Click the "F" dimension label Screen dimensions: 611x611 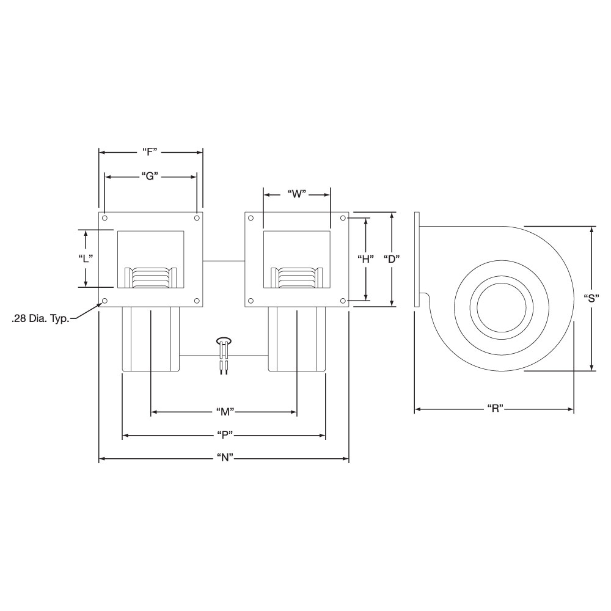(x=150, y=152)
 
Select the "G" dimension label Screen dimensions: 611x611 (x=150, y=176)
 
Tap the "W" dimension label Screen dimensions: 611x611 (x=296, y=194)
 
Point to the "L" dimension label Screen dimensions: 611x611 (x=86, y=258)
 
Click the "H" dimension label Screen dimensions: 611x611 (x=365, y=258)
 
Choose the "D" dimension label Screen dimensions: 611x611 (x=392, y=258)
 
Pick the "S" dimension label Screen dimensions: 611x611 (x=591, y=299)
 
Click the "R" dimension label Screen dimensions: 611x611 (x=494, y=409)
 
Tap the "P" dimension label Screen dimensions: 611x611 (x=224, y=435)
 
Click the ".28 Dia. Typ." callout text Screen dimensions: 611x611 (x=39, y=318)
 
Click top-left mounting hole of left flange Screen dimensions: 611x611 (x=104, y=218)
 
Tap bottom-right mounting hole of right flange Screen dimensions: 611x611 (x=343, y=301)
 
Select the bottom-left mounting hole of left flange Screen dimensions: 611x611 (x=104, y=301)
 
